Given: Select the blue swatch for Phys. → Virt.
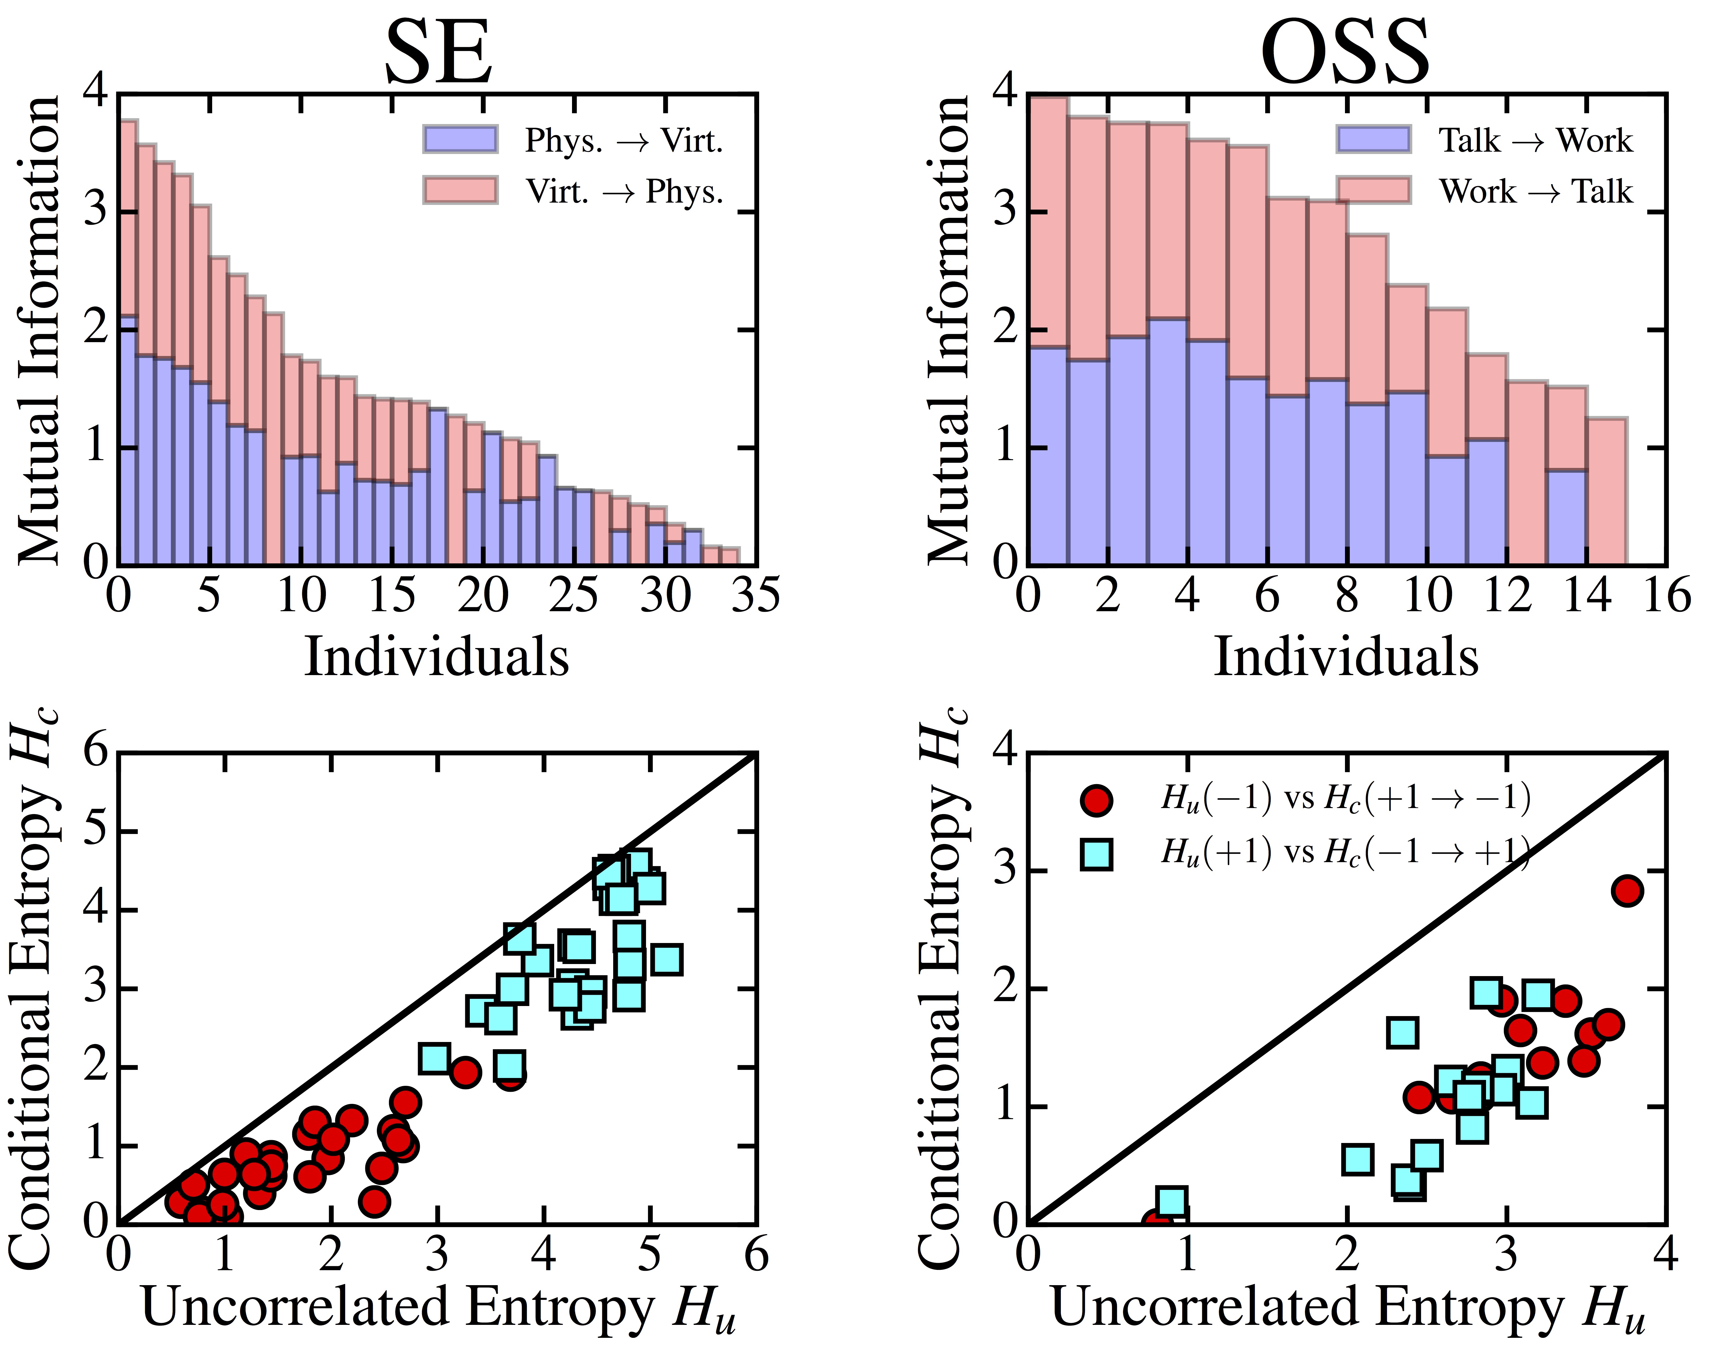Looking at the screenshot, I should (x=460, y=140).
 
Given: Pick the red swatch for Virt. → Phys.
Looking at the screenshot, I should (x=460, y=190).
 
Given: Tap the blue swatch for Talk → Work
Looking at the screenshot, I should (x=1373, y=140).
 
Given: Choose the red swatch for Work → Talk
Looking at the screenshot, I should (x=1373, y=190).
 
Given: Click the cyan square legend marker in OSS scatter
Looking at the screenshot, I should (x=1096, y=853).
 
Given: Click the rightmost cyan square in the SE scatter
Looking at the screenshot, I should (x=667, y=960).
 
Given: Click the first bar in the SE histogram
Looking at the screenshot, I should (x=128, y=341).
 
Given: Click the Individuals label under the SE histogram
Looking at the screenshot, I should (x=437, y=657).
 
